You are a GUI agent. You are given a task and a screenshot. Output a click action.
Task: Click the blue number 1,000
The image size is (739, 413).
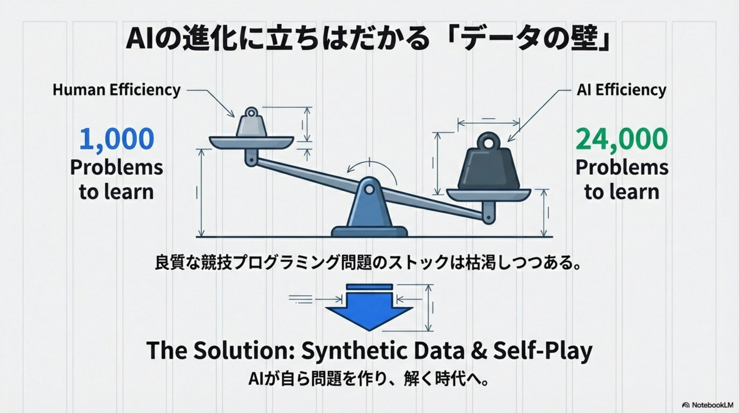pyautogui.click(x=117, y=139)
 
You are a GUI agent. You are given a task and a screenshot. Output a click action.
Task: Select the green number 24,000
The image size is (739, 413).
pyautogui.click(x=622, y=139)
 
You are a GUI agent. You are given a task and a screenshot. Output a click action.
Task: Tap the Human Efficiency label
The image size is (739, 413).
pyautogui.click(x=117, y=90)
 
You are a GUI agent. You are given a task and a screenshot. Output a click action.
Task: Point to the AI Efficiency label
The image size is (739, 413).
pyautogui.click(x=621, y=90)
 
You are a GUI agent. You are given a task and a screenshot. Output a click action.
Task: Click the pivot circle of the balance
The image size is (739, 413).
pyautogui.click(x=369, y=190)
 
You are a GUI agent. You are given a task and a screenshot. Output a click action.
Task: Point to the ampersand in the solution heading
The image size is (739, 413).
pyautogui.click(x=479, y=350)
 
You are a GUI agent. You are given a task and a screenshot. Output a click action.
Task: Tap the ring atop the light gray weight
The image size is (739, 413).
pyautogui.click(x=252, y=112)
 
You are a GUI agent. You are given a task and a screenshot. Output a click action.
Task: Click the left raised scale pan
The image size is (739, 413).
pyautogui.click(x=251, y=143)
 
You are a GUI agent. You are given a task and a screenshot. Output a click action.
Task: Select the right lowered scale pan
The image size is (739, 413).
pyautogui.click(x=488, y=195)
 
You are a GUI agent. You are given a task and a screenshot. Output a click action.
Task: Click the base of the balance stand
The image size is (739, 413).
pyautogui.click(x=369, y=231)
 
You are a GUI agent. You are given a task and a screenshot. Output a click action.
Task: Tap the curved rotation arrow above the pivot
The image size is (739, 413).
pyautogui.click(x=373, y=168)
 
